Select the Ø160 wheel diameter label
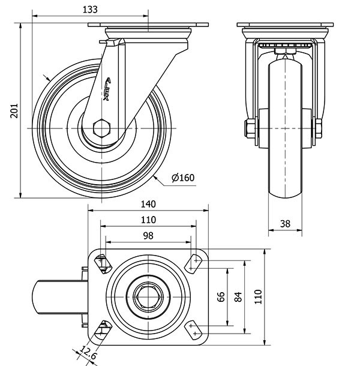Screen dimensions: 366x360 point(183,178)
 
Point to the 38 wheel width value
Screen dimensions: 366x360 point(285,224)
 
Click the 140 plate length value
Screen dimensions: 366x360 point(148,203)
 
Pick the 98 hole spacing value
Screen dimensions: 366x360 point(148,236)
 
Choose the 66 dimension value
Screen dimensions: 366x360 point(221,297)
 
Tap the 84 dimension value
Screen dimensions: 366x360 point(238,297)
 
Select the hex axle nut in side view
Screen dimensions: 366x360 point(102,128)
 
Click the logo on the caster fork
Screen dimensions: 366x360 point(108,90)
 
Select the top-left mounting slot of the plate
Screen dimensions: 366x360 point(103,262)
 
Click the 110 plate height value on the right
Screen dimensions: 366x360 point(258,297)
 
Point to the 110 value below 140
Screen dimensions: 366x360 point(148,220)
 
